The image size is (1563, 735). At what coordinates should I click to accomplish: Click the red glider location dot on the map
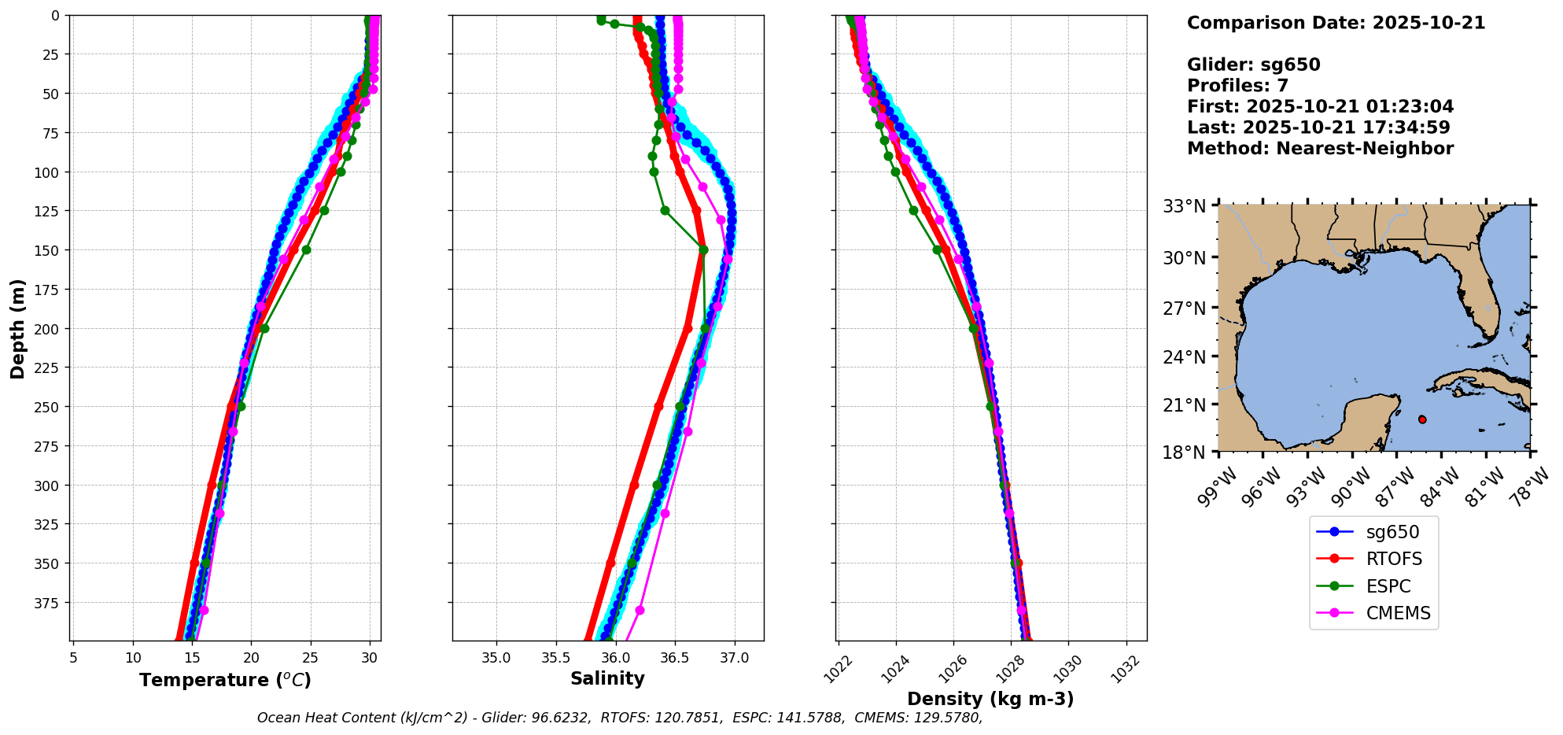click(1422, 419)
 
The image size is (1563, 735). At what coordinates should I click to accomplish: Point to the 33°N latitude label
click(1185, 207)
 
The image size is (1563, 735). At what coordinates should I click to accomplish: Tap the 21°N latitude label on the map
click(1185, 405)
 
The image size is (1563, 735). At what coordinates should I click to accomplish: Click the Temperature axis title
click(225, 680)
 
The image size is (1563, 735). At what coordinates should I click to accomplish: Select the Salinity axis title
click(607, 678)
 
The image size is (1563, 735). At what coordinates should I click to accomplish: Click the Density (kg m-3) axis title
click(990, 699)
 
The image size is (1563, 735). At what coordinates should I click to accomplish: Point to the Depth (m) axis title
click(18, 329)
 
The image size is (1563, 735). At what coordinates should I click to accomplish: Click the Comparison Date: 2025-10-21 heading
click(1336, 23)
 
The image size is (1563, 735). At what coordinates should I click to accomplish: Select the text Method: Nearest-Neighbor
click(1320, 149)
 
